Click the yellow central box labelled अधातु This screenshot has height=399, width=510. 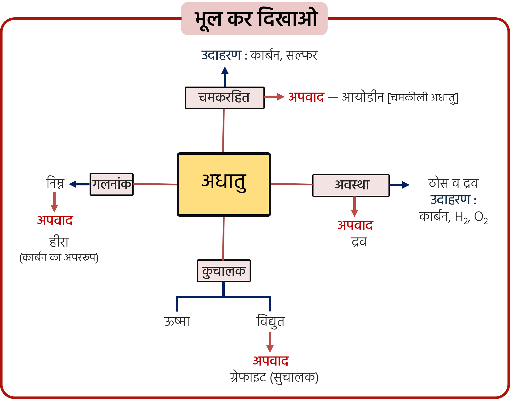coord(224,184)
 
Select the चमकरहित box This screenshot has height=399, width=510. coord(224,98)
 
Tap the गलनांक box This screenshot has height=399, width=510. coord(111,184)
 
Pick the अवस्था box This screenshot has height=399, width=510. coord(351,185)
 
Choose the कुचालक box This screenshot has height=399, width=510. coord(224,271)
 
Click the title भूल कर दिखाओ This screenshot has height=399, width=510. coord(254,19)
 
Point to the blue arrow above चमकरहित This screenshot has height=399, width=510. coord(225,76)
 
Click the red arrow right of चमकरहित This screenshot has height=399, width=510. coord(274,97)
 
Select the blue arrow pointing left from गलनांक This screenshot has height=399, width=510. coord(79,184)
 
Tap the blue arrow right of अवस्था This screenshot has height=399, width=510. coord(399,185)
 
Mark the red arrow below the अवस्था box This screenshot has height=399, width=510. coord(355,207)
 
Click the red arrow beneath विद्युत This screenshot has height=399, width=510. coord(270,342)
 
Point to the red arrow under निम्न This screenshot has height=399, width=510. coord(54,202)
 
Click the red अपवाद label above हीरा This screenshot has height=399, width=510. coord(55,221)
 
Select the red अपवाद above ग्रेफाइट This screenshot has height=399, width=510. coord(271,361)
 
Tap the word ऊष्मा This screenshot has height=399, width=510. coord(177,322)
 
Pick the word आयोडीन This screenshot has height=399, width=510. coord(363,97)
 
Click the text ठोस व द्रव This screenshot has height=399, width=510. coord(453,183)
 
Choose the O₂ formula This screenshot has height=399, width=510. coord(481,217)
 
